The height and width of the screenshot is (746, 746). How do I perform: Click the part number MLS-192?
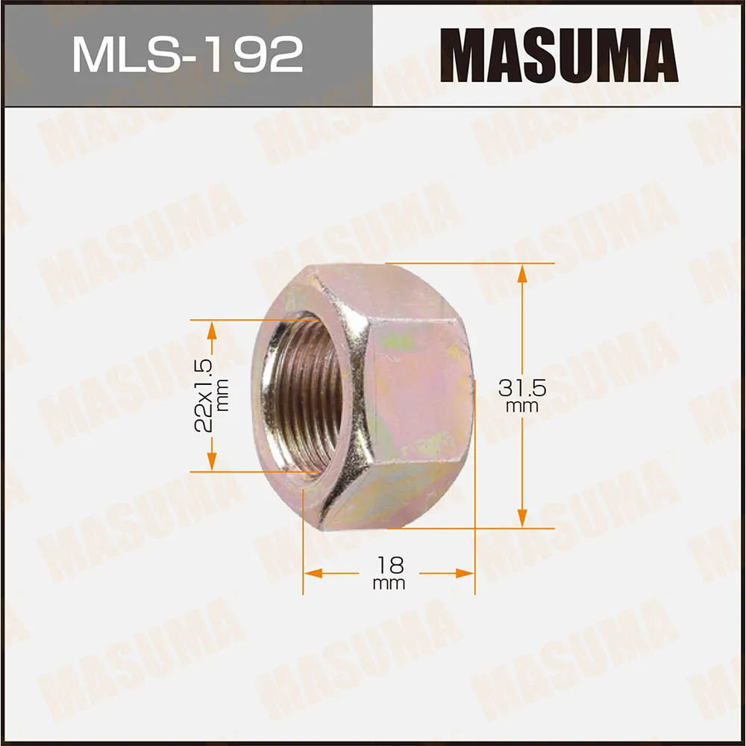point(187,54)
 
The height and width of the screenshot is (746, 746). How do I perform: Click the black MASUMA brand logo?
point(558,54)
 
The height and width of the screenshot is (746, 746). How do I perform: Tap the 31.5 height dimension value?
point(521,388)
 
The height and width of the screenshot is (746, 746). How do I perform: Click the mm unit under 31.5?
point(521,407)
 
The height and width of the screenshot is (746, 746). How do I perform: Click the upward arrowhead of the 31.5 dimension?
point(521,273)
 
